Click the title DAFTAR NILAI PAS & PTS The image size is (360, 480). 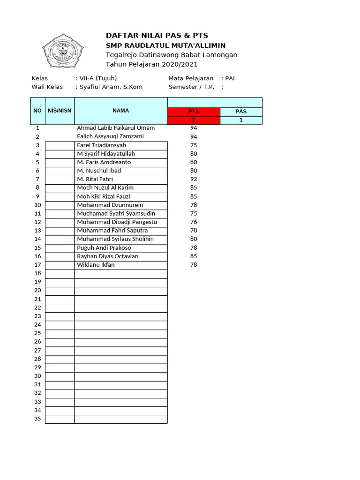tap(157, 36)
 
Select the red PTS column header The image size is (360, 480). tap(194, 112)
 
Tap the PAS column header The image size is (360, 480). tap(240, 112)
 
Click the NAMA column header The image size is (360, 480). tap(120, 111)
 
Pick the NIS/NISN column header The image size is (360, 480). tap(60, 111)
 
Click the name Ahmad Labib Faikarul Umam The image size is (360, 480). tap(116, 128)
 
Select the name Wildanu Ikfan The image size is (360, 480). tap(96, 265)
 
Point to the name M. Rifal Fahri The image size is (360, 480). tap(95, 179)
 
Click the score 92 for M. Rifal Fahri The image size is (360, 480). tap(194, 179)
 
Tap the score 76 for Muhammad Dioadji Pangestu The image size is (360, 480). tap(194, 222)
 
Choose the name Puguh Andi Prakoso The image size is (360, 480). tap(104, 247)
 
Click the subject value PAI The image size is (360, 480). tap(230, 78)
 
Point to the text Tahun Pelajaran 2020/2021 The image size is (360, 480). tap(152, 64)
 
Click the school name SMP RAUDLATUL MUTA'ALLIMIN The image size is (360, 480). tap(165, 45)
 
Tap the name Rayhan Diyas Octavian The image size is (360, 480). tap(108, 256)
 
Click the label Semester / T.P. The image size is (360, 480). tap(191, 87)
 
